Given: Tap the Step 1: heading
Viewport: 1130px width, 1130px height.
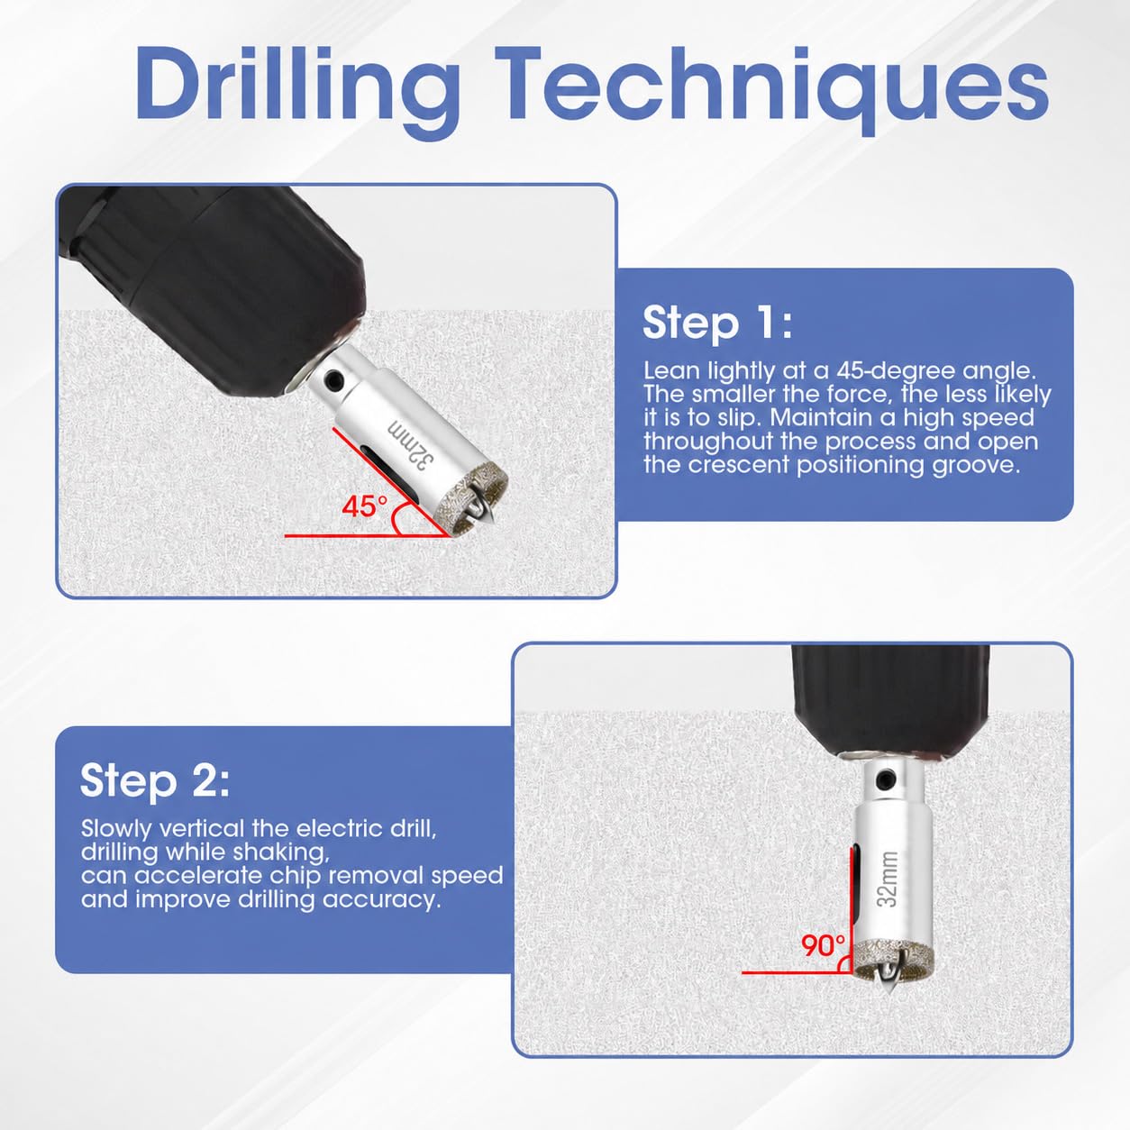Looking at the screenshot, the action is pyautogui.click(x=717, y=324).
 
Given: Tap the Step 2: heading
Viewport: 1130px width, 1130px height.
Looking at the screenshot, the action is pyautogui.click(x=154, y=780).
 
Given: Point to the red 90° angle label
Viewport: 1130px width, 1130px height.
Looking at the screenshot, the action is pyautogui.click(x=824, y=945).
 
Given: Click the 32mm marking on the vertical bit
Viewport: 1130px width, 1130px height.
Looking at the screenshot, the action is pyautogui.click(x=888, y=879).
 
